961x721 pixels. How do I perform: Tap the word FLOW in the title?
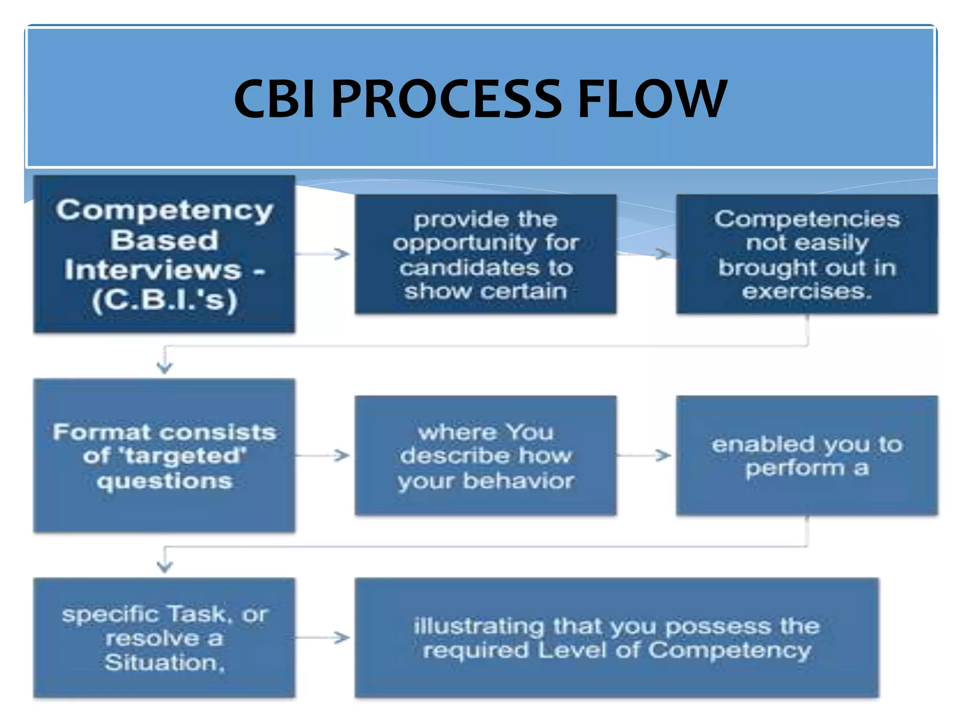pos(652,99)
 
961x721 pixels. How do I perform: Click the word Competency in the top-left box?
pos(164,210)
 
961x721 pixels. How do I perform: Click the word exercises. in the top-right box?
pos(807,291)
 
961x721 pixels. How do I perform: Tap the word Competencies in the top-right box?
pos(807,219)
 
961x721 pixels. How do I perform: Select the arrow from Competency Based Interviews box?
pos(324,254)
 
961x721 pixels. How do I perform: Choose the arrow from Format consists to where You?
pos(324,455)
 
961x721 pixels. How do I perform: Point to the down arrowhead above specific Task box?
pos(164,566)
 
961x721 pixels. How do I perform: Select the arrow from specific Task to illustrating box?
pos(324,637)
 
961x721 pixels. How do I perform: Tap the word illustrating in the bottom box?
pos(479,627)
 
